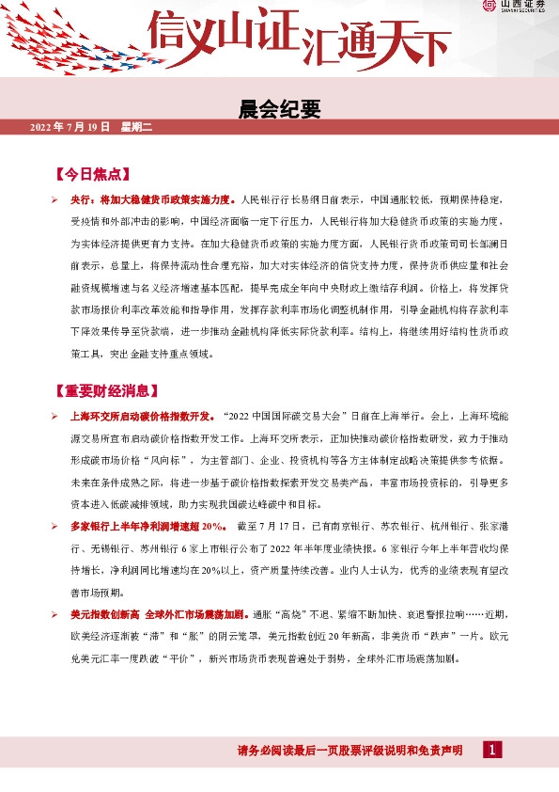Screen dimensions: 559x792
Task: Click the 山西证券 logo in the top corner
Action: [x=515, y=7]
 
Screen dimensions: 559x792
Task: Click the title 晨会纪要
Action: [x=280, y=110]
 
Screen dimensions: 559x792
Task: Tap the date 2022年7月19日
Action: [x=70, y=127]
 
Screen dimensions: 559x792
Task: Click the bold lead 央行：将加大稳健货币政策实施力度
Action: [x=150, y=200]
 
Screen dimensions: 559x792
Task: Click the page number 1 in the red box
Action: [x=492, y=750]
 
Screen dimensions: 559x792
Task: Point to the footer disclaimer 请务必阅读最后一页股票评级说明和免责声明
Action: [x=349, y=751]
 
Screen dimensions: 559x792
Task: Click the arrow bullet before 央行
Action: [x=55, y=200]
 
